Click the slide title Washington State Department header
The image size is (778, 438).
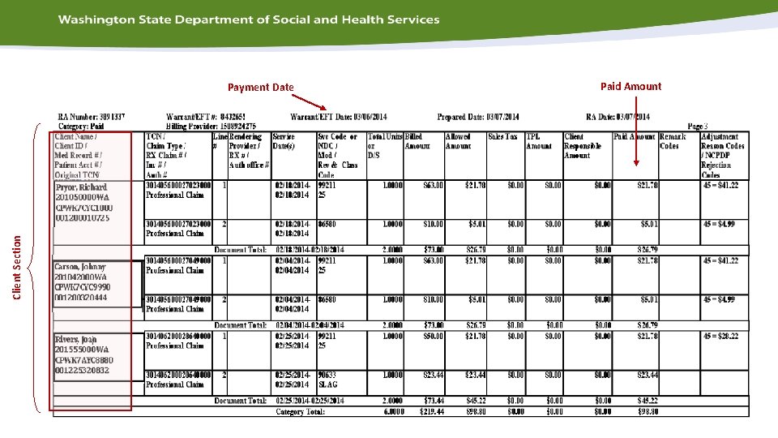click(249, 19)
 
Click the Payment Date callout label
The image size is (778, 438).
click(260, 88)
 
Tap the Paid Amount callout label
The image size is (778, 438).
click(631, 86)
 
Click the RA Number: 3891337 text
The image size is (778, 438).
click(92, 117)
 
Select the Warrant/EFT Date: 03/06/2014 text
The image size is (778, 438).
click(338, 117)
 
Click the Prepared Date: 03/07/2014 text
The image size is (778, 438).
click(478, 117)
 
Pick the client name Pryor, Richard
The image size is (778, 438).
click(81, 187)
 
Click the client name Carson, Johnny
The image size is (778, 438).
click(80, 267)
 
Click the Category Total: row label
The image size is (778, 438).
click(300, 412)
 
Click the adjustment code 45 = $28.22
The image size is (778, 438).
click(720, 336)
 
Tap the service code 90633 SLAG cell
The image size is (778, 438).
click(329, 380)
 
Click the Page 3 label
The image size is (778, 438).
click(697, 127)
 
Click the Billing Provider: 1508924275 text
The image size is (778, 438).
click(211, 127)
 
